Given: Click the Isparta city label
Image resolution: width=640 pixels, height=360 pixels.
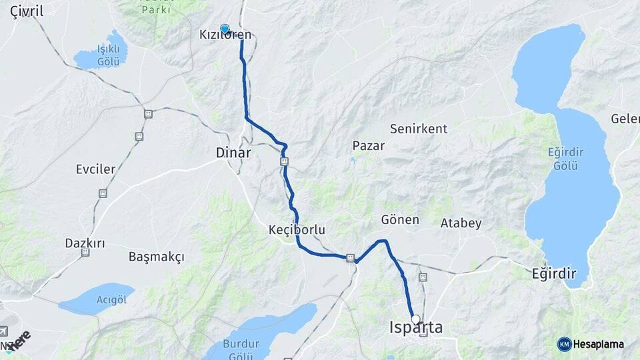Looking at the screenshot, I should coord(416,328).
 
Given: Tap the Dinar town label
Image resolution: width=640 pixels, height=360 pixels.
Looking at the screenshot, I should coord(233,153).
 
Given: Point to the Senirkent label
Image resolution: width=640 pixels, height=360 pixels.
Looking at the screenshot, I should coord(419,129).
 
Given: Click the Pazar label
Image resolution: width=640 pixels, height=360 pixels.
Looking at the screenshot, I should coord(368,145).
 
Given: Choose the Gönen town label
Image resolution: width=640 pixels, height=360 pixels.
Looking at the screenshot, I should coord(400,219).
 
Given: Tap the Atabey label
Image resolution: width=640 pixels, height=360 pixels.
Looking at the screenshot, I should coord(461,223).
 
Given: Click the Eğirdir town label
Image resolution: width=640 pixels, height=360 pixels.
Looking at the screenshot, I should coord(553,273).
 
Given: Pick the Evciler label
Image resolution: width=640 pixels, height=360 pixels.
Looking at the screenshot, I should coord(95,169).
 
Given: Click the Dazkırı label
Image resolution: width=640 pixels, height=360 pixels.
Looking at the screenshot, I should coord(85,243).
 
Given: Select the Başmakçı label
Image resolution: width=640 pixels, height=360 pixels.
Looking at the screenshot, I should coord(156,257).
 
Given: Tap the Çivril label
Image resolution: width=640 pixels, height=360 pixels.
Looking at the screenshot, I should coord(27,11).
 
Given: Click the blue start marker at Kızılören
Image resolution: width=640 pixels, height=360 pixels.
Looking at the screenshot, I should coord(225,29).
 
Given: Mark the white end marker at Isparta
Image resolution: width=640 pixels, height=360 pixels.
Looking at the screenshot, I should coord(415,319).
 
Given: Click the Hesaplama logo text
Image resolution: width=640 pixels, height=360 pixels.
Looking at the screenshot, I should coord(599,344).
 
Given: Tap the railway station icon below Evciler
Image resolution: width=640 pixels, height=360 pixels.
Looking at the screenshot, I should coord(103,193).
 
